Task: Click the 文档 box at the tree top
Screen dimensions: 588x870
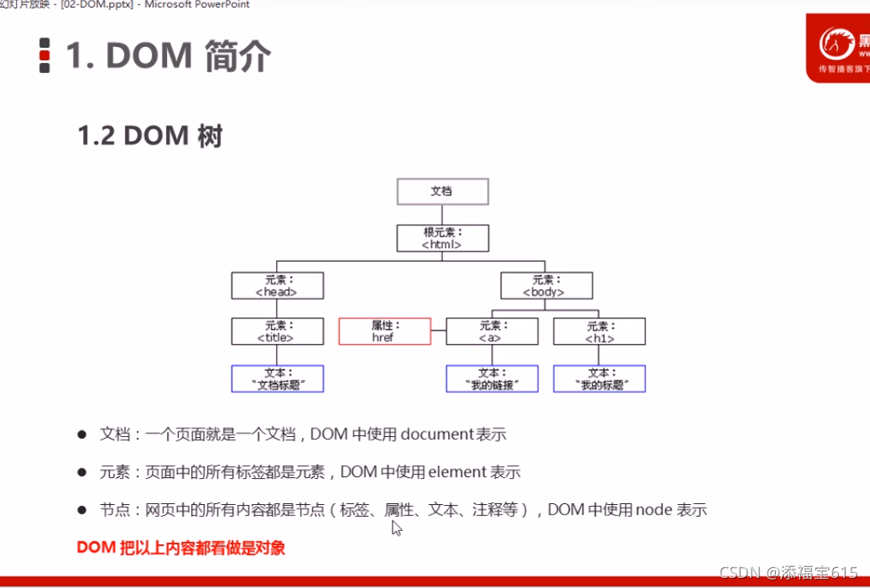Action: pyautogui.click(x=442, y=191)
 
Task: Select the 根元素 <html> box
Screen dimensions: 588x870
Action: pyautogui.click(x=442, y=238)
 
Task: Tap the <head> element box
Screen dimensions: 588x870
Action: pyautogui.click(x=277, y=285)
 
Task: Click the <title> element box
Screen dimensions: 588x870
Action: pyautogui.click(x=277, y=331)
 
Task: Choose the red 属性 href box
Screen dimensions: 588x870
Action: pyautogui.click(x=384, y=331)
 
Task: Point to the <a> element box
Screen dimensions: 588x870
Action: pyautogui.click(x=491, y=331)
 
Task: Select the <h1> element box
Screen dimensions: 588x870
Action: pyautogui.click(x=599, y=331)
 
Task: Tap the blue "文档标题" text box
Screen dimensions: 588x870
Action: pyautogui.click(x=277, y=378)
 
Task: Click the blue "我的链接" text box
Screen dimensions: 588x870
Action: pyautogui.click(x=491, y=378)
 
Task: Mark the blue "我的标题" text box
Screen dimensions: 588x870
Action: pyautogui.click(x=599, y=378)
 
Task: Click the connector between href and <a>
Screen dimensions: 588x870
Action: pyautogui.click(x=438, y=332)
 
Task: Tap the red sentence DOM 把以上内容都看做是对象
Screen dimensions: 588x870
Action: pyautogui.click(x=180, y=548)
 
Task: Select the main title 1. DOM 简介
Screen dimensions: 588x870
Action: pyautogui.click(x=168, y=56)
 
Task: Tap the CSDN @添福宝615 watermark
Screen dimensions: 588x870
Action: pyautogui.click(x=789, y=572)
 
